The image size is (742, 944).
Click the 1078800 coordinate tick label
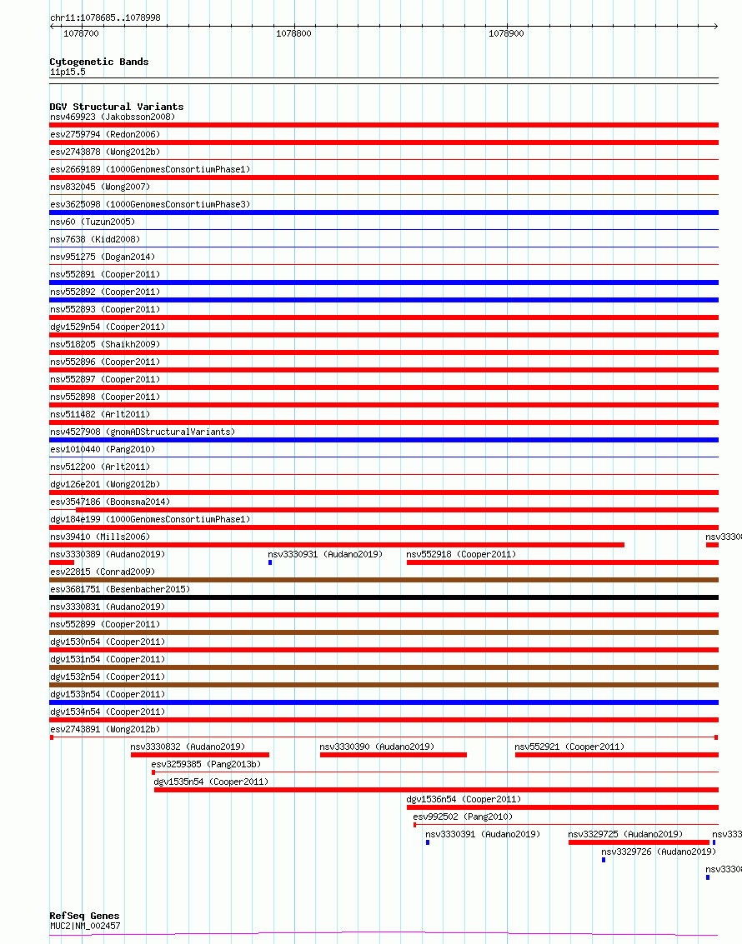293,33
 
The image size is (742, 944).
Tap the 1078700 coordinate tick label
81,33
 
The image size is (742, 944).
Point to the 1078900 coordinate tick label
506,33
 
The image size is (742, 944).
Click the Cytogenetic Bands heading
98,62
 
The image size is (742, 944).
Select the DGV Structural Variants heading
116,107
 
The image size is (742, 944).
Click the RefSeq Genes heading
84,916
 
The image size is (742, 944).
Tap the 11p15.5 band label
67,72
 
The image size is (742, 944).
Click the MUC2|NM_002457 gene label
84,926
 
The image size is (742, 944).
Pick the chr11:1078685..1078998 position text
105,17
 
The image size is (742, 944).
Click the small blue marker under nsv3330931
270,562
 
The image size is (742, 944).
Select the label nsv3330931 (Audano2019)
324,554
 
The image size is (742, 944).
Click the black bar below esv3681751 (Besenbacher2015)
384,597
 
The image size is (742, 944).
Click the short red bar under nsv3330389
62,562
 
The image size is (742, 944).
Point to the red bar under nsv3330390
393,755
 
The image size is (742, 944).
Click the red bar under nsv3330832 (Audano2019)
199,755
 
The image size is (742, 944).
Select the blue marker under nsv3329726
604,860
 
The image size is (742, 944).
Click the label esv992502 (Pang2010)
463,817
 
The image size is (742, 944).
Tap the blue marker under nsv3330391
428,842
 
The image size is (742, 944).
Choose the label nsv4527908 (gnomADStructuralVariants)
142,432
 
